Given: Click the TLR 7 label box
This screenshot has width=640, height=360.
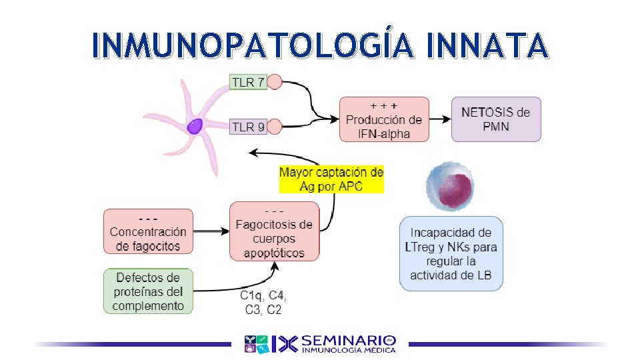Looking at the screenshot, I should tap(247, 83).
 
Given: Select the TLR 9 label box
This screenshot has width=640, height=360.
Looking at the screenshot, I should tap(248, 126).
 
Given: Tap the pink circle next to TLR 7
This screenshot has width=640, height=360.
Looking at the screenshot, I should tap(274, 83).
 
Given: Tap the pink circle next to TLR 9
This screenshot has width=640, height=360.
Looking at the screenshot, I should tap(274, 126).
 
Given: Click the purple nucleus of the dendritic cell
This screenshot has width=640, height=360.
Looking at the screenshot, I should tap(195, 126).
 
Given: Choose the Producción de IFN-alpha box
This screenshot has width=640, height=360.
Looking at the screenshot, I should tap(384, 119).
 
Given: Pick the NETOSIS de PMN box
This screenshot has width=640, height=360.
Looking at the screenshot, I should tap(496, 119).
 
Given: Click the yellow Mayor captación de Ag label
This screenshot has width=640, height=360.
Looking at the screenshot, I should tap(331, 179).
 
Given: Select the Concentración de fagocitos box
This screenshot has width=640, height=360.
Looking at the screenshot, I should tap(148, 231).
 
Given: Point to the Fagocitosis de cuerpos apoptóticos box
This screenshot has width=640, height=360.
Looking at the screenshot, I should tap(274, 231).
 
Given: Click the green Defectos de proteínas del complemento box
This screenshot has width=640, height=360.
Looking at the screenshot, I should tap(148, 291).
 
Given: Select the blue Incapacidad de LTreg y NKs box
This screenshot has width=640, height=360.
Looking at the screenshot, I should tap(451, 253).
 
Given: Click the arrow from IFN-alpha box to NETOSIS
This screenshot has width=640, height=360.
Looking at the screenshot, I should tap(440, 119).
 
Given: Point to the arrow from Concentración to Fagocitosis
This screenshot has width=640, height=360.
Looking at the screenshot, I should tap(211, 231).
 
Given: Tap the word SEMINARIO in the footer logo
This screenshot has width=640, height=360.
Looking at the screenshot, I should tap(349, 340).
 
